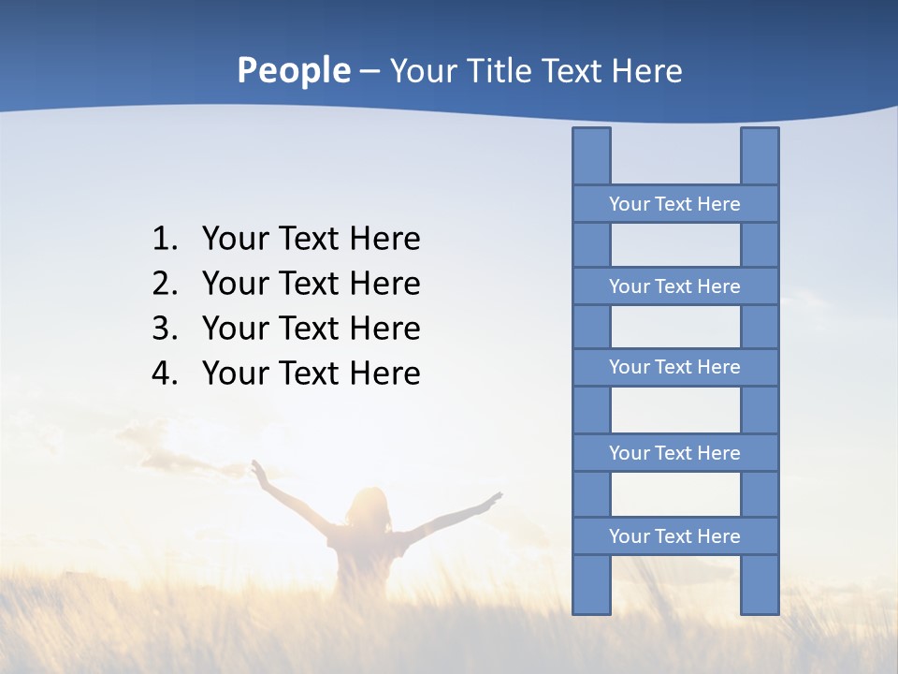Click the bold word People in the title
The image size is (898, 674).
pyautogui.click(x=293, y=70)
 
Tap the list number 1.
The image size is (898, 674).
pyautogui.click(x=164, y=240)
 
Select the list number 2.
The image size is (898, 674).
pyautogui.click(x=164, y=284)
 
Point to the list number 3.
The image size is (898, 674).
pyautogui.click(x=164, y=329)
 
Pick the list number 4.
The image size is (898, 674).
pyautogui.click(x=164, y=374)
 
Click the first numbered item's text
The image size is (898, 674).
pyautogui.click(x=311, y=240)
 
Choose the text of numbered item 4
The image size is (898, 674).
pyautogui.click(x=311, y=374)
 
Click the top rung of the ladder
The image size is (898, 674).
pyautogui.click(x=674, y=204)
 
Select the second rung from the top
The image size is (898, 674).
pyautogui.click(x=674, y=286)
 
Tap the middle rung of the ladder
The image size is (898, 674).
pyautogui.click(x=674, y=367)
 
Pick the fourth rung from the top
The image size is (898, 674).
pyautogui.click(x=674, y=453)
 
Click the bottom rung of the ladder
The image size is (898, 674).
pyautogui.click(x=674, y=536)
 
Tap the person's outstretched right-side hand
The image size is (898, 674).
pyautogui.click(x=493, y=501)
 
